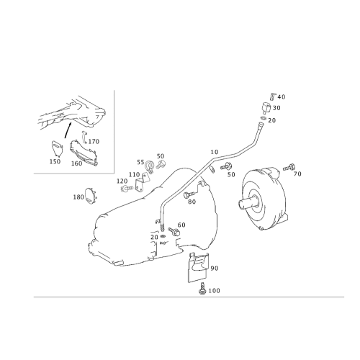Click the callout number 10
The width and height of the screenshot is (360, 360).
[x=215, y=152]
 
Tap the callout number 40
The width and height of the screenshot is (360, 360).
[x=282, y=97]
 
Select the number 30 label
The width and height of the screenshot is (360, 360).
[x=276, y=108]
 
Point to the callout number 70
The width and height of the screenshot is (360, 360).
[x=297, y=174]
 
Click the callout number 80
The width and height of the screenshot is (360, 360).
[x=192, y=202]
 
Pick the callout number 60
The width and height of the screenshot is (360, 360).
[x=181, y=225]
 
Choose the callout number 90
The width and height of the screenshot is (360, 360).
[x=215, y=269]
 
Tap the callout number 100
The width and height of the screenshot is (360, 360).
[x=214, y=291]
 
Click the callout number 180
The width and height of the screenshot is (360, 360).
[x=78, y=197]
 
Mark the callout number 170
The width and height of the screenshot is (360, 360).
[x=94, y=142]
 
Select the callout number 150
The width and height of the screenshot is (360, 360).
[x=55, y=161]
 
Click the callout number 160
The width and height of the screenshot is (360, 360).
[x=76, y=163]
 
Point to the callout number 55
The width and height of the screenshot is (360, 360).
[x=140, y=162]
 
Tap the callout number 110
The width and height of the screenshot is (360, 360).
[x=134, y=174]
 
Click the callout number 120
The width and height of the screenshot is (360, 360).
[x=122, y=181]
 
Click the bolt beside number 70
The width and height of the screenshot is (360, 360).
[x=289, y=167]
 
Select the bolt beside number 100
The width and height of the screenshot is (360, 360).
[x=202, y=288]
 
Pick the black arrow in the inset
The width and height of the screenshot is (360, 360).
[x=68, y=130]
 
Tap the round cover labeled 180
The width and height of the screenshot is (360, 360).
[x=91, y=197]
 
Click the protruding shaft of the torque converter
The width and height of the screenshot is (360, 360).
[x=248, y=203]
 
